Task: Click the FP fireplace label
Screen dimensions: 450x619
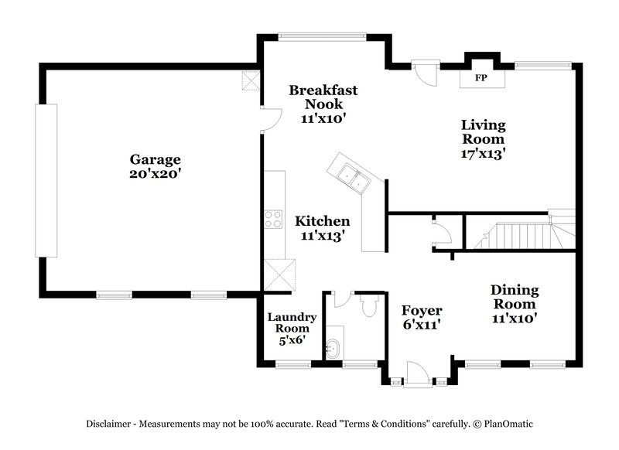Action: pyautogui.click(x=480, y=78)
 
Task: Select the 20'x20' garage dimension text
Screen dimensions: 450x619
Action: pyautogui.click(x=155, y=174)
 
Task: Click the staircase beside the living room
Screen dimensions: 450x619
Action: pyautogui.click(x=522, y=234)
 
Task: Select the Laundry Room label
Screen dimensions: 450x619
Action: pyautogui.click(x=291, y=323)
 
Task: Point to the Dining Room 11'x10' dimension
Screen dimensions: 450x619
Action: pyautogui.click(x=515, y=316)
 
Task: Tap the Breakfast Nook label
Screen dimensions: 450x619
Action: pyautogui.click(x=323, y=97)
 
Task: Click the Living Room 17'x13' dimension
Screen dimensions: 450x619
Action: pyautogui.click(x=483, y=153)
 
